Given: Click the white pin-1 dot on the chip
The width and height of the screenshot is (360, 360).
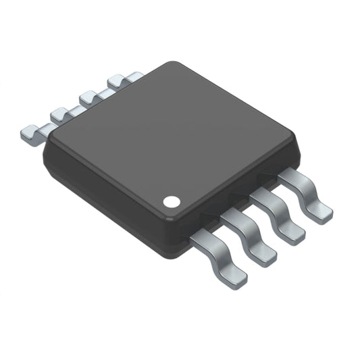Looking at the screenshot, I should pyautogui.click(x=172, y=201).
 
